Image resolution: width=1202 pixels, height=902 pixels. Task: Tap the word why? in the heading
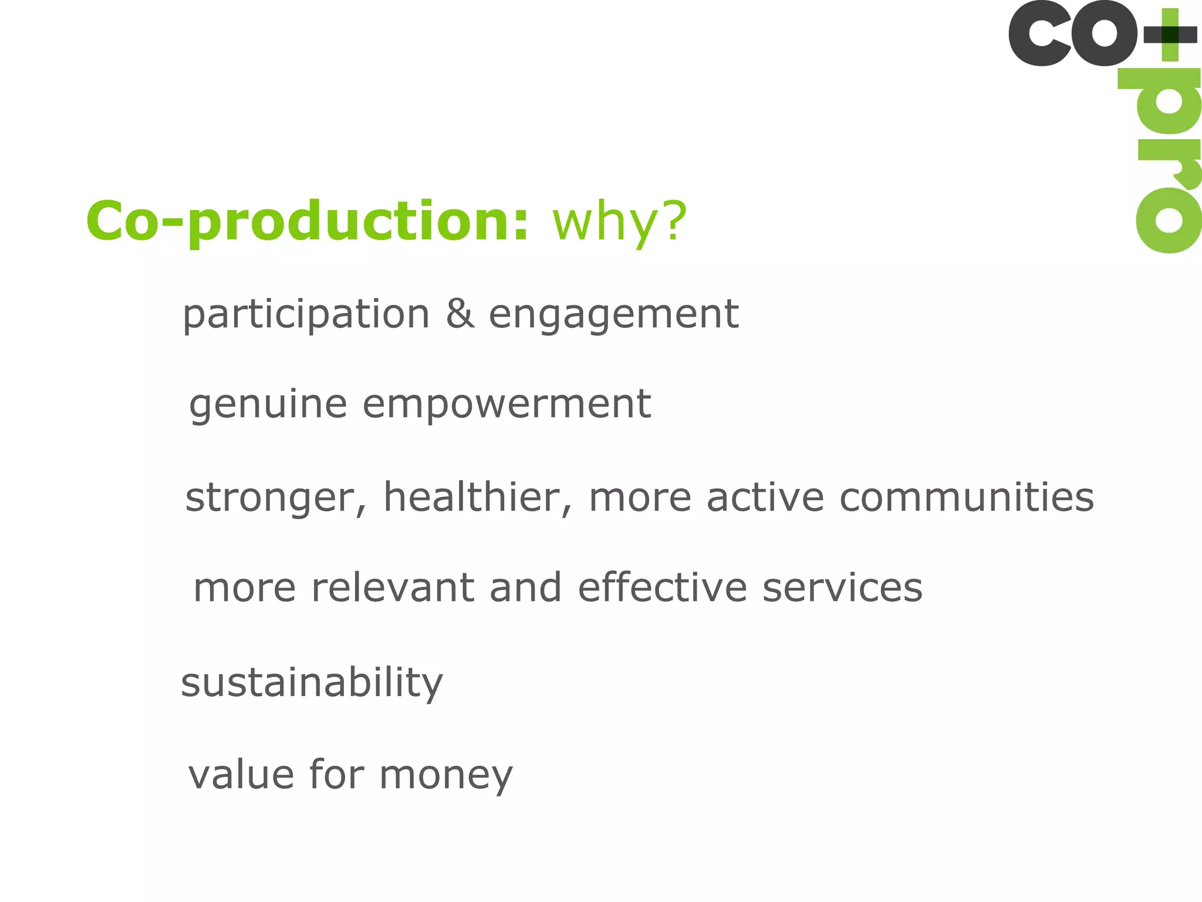point(619,222)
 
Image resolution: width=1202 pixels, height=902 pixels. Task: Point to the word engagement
point(613,315)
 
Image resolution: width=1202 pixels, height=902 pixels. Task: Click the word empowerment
point(507,405)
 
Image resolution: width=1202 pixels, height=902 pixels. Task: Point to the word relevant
point(392,588)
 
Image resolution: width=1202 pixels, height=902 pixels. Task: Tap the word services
point(842,588)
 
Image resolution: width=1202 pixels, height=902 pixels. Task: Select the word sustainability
point(312,683)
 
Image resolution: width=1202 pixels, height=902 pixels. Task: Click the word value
point(241,775)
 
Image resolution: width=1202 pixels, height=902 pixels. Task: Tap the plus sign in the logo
point(1170,34)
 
